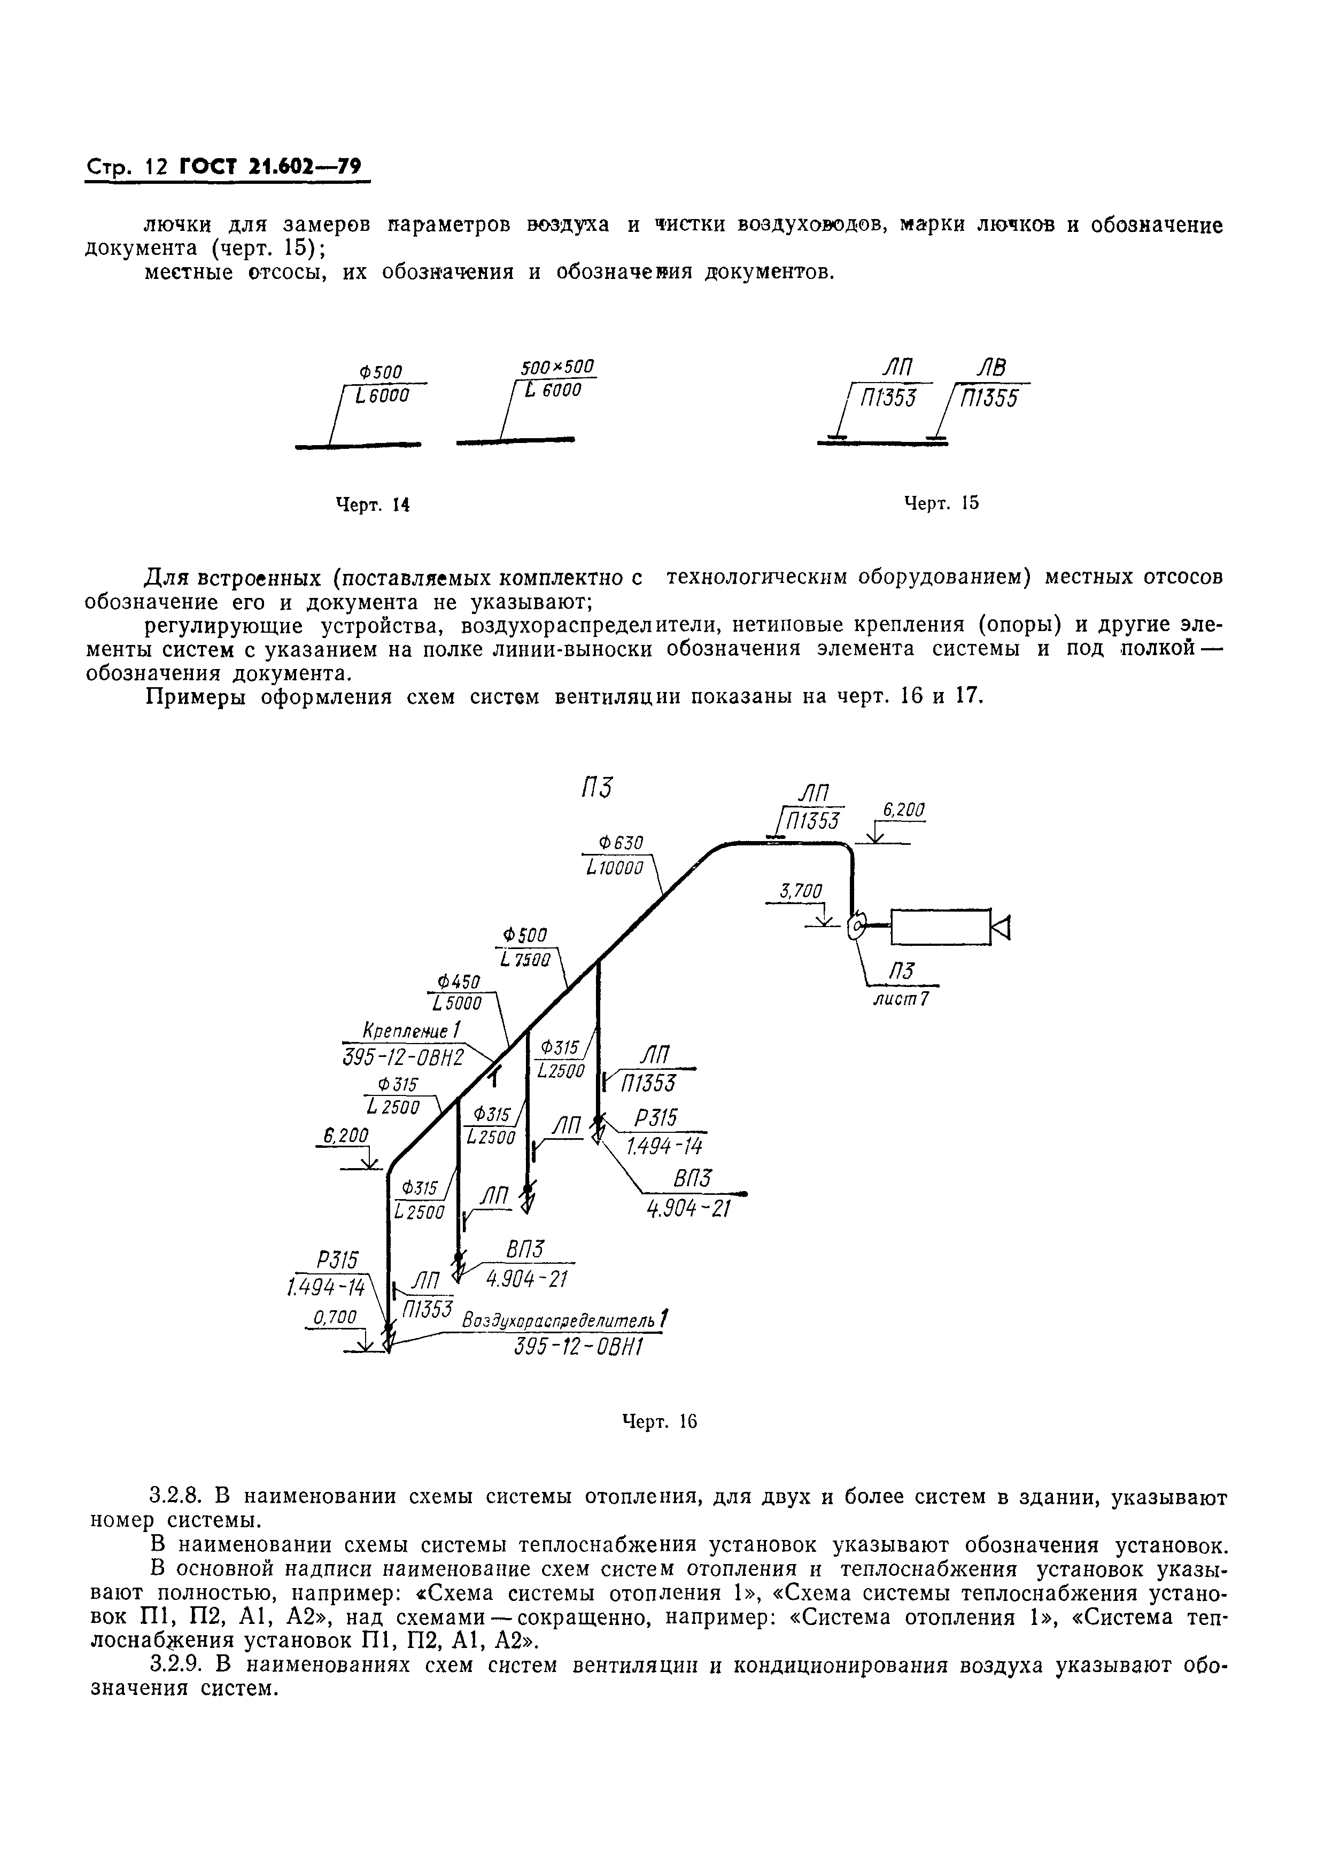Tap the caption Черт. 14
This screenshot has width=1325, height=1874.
click(373, 505)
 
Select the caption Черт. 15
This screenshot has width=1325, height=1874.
click(941, 503)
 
